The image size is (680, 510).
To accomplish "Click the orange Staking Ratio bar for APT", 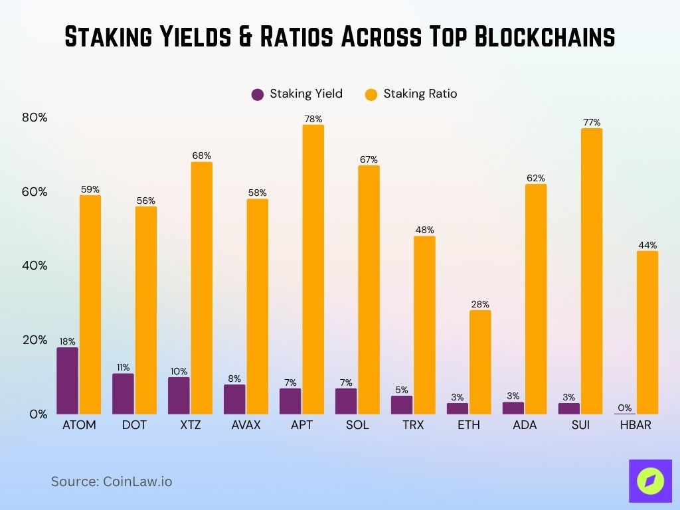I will [x=313, y=269].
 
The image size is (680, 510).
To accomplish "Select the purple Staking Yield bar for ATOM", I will [x=67, y=381].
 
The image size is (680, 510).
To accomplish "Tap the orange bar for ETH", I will [x=480, y=362].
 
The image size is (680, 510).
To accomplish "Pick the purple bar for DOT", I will [x=123, y=394].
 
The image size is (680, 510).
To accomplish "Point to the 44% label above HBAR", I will [x=647, y=245].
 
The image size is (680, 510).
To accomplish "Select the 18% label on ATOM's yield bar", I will [x=67, y=341].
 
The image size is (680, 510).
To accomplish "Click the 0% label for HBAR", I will [x=625, y=408].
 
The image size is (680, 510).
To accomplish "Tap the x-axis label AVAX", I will [x=246, y=425].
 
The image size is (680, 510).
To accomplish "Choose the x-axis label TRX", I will [x=413, y=425].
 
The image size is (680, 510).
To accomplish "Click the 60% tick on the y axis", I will [x=35, y=192].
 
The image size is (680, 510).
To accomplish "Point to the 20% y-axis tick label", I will [x=35, y=340].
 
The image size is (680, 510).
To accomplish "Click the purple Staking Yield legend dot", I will [x=258, y=94].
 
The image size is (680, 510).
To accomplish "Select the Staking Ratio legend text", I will [x=420, y=94].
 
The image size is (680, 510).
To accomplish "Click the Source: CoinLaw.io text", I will [x=112, y=481].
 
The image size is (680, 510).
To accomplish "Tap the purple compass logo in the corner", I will [x=650, y=481].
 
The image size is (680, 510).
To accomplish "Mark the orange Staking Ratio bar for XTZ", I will [x=201, y=288].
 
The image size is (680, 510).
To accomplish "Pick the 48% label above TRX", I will [x=424, y=230].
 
